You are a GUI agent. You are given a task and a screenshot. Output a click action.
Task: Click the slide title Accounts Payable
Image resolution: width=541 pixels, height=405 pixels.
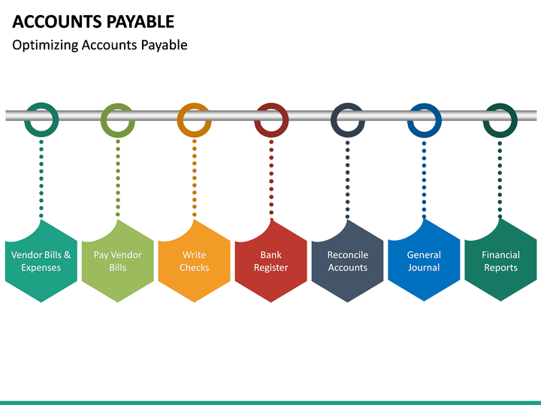click(x=93, y=21)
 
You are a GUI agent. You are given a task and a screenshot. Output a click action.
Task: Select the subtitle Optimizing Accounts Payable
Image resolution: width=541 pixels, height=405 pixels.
click(x=100, y=45)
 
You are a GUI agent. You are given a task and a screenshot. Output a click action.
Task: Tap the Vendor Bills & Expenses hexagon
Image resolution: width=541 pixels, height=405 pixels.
click(x=41, y=261)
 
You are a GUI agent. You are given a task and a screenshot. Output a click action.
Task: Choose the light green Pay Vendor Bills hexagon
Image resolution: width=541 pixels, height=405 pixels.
click(x=118, y=261)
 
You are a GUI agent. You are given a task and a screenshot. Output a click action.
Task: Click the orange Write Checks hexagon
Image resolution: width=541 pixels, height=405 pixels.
click(x=195, y=261)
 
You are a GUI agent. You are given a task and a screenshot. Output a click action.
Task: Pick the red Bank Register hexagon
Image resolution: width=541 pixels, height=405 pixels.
click(x=271, y=261)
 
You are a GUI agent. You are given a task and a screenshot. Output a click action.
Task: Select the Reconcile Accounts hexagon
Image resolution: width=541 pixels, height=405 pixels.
click(x=348, y=261)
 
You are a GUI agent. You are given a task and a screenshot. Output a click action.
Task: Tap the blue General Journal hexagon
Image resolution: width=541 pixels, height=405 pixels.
click(x=424, y=261)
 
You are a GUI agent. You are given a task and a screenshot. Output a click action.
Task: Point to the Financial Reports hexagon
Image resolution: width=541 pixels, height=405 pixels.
click(x=500, y=261)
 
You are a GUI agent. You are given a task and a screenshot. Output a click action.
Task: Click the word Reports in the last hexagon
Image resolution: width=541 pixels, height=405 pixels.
click(x=500, y=268)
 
